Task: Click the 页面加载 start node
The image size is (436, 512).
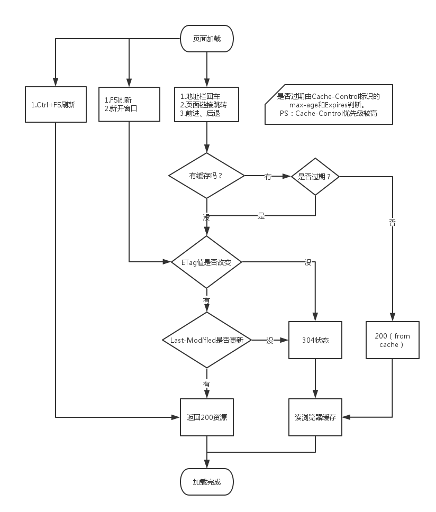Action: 206,39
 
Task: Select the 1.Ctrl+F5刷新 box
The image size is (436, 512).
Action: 56,104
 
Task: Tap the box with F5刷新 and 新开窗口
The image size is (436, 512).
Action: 130,104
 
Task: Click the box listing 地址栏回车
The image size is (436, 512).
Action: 206,104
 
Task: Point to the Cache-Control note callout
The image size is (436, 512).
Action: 329,104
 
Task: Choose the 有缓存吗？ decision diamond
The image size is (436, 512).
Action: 206,176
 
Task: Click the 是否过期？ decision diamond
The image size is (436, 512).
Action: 315,177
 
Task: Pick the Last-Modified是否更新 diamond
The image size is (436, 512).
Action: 206,340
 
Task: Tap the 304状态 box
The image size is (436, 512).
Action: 315,340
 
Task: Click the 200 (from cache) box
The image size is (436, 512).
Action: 392,340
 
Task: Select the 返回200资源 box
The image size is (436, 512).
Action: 206,417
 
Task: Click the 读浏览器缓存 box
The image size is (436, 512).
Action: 315,417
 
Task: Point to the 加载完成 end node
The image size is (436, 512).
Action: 206,482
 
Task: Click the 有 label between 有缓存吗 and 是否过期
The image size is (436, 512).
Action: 268,177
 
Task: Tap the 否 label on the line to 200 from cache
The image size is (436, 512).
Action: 392,223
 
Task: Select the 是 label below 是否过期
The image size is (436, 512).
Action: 261,216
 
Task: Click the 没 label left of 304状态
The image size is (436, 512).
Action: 270,340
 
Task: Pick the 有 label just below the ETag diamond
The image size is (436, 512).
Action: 206,300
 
